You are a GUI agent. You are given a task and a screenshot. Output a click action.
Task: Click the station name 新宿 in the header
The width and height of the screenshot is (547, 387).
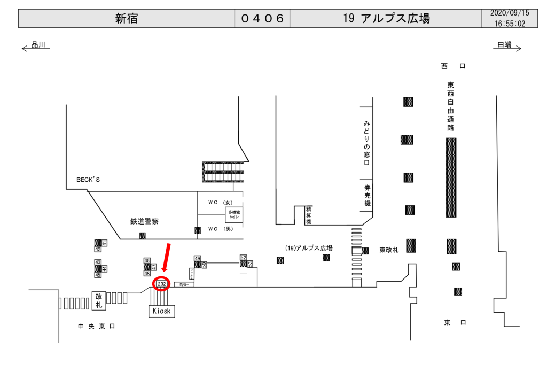(127, 19)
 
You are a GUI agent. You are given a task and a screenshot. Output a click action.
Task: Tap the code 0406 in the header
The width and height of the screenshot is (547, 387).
(262, 19)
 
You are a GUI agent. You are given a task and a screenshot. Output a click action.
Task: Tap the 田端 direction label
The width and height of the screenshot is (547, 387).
(504, 45)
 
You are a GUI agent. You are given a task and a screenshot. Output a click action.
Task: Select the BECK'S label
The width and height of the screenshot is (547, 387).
(88, 180)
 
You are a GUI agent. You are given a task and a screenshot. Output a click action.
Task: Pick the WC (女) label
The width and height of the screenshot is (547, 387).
(220, 203)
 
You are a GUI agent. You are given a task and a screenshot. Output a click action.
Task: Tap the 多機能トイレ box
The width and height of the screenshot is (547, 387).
(234, 214)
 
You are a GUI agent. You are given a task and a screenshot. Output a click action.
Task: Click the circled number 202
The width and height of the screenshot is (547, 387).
(161, 284)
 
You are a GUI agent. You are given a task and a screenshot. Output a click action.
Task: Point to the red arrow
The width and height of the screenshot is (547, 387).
(167, 260)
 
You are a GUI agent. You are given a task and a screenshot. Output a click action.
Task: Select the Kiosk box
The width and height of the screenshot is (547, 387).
(161, 311)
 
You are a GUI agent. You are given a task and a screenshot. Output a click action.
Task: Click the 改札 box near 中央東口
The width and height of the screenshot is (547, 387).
(99, 300)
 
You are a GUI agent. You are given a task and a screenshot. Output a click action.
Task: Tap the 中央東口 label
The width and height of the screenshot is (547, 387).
(97, 326)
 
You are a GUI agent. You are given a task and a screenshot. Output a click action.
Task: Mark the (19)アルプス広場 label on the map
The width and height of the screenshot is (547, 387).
(309, 249)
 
